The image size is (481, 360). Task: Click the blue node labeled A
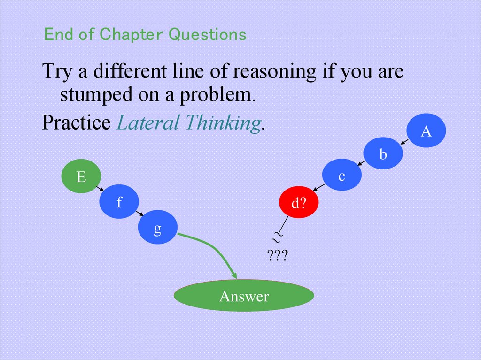426,130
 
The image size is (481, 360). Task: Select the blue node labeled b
383,154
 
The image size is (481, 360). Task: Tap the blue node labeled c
342,176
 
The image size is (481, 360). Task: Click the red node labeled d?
299,203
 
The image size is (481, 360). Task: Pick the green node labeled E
81,176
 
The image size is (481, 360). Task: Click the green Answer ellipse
244,296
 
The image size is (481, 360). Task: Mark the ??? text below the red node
277,256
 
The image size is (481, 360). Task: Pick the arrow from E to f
100,189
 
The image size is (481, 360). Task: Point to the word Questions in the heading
208,34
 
